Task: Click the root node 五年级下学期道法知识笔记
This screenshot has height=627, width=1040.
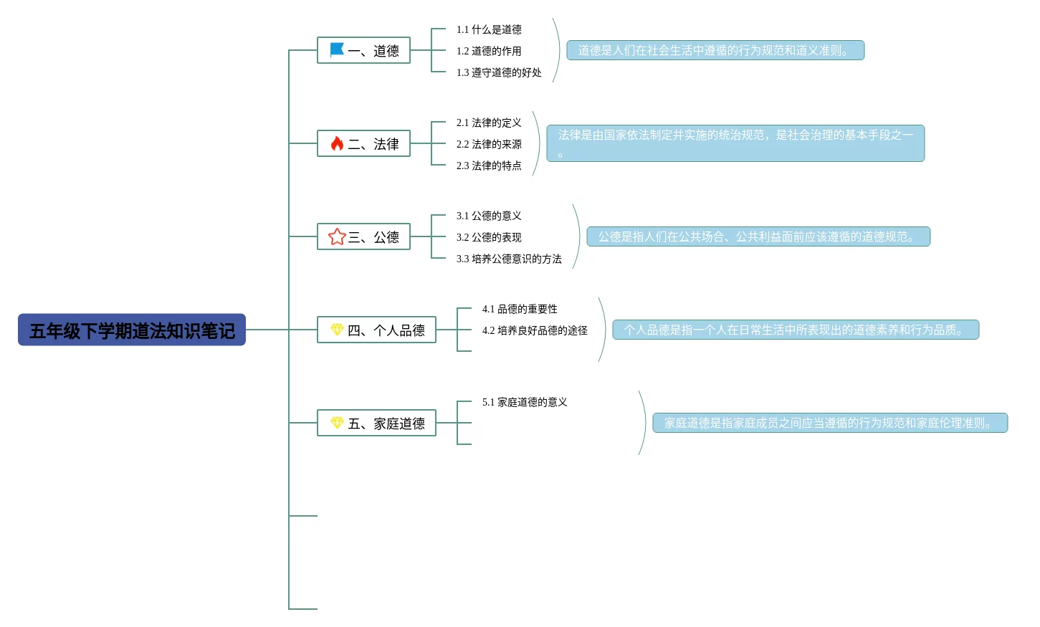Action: coord(132,330)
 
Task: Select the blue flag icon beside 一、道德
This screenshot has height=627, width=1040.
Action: coord(337,49)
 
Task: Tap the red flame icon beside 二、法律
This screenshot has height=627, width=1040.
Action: coord(337,143)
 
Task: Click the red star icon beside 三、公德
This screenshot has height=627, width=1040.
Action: coord(337,236)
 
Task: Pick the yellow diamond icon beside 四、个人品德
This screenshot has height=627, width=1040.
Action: coord(337,330)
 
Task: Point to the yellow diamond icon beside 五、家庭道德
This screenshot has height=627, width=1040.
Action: coord(337,423)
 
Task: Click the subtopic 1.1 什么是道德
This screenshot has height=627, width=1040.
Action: coord(489,29)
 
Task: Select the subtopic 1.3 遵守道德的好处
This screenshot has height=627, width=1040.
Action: coord(499,72)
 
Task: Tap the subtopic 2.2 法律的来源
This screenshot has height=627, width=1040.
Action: coord(489,144)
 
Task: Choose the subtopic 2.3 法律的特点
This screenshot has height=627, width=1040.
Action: coord(489,166)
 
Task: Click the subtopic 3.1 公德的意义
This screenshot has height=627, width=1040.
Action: coord(489,216)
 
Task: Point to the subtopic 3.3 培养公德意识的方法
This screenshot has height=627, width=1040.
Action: coord(509,259)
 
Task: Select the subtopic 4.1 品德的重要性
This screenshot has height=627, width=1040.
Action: coord(520,309)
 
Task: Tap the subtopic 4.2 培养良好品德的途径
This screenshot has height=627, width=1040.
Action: coord(535,330)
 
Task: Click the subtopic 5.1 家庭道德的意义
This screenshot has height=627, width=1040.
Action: coord(525,402)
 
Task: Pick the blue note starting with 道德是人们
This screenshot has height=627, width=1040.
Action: coord(715,50)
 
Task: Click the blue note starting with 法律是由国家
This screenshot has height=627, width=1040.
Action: coord(735,143)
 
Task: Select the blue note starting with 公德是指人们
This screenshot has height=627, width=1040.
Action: coord(758,236)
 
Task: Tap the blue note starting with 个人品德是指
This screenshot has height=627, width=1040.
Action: coord(796,330)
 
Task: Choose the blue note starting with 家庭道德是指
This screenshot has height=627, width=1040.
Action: coord(830,423)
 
